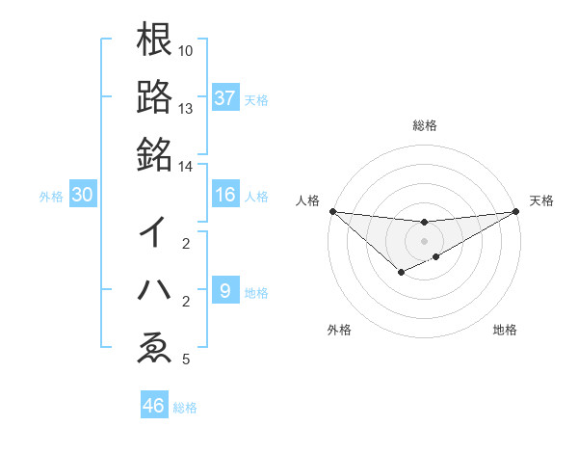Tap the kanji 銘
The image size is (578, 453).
pyautogui.click(x=154, y=152)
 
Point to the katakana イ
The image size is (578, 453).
pyautogui.click(x=154, y=232)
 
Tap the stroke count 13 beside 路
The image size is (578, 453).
pyautogui.click(x=186, y=109)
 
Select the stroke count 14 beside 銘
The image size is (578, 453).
pyautogui.click(x=186, y=167)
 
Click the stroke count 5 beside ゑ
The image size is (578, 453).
pyautogui.click(x=186, y=360)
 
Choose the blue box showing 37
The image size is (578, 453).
pyautogui.click(x=225, y=97)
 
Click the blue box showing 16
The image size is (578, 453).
pyautogui.click(x=225, y=195)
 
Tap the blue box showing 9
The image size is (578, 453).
pyautogui.click(x=225, y=291)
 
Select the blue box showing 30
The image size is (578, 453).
pyautogui.click(x=83, y=195)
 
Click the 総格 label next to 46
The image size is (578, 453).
pyautogui.click(x=185, y=408)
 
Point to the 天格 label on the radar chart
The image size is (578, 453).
pyautogui.click(x=542, y=200)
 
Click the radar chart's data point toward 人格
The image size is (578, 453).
pyautogui.click(x=332, y=211)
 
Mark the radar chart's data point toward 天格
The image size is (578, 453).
pyautogui.click(x=515, y=211)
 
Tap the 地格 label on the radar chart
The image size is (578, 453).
pyautogui.click(x=505, y=330)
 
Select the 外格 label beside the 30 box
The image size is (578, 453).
pyautogui.click(x=51, y=196)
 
